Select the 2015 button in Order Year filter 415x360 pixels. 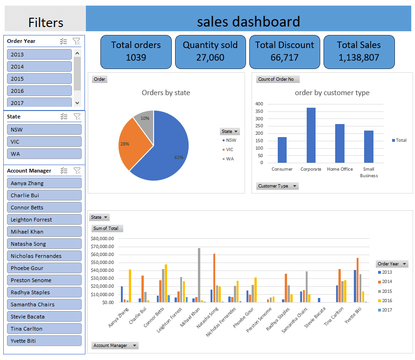[39, 79]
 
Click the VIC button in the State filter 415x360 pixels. [44, 142]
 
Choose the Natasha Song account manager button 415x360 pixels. [44, 244]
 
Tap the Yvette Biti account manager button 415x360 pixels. [44, 341]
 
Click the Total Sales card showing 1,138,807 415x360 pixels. [359, 51]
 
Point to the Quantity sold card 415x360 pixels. [210, 51]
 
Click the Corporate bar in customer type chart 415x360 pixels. [311, 135]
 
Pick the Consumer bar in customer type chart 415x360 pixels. [282, 150]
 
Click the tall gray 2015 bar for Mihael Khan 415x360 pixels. [199, 275]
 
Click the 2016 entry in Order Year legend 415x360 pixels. [387, 301]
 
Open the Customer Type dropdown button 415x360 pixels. [277, 186]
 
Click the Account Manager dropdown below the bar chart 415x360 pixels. [115, 346]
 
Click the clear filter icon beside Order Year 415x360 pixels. [77, 42]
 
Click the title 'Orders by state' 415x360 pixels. [166, 93]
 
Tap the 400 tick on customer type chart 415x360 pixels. [259, 104]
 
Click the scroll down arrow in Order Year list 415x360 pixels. [77, 103]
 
